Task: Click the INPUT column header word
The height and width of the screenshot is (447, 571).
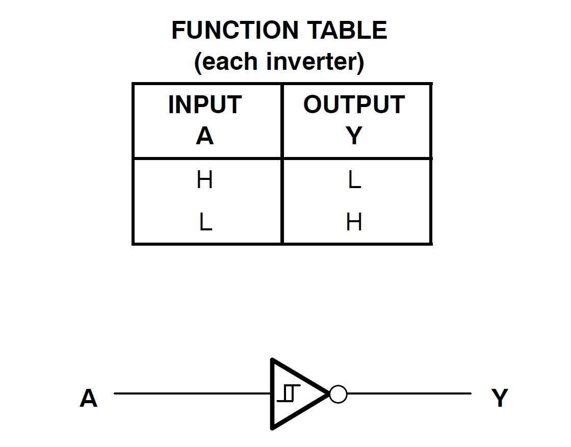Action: [204, 105]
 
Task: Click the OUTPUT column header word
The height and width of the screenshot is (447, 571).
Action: [354, 105]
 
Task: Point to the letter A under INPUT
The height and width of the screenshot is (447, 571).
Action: [204, 136]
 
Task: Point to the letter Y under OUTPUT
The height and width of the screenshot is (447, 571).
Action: [354, 136]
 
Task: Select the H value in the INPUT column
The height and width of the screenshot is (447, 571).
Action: [204, 180]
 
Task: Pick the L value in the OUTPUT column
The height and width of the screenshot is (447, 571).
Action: [354, 180]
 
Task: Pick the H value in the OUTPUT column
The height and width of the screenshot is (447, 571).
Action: [354, 222]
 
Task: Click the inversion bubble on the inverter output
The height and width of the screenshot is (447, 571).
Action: [338, 394]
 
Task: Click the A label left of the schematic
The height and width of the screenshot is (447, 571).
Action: [88, 398]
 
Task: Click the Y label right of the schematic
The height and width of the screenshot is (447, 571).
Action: [500, 398]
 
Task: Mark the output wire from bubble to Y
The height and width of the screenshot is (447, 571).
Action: [408, 393]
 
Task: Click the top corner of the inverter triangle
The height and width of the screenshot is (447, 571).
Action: [273, 361]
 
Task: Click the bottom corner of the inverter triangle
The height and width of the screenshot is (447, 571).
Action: [273, 427]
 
